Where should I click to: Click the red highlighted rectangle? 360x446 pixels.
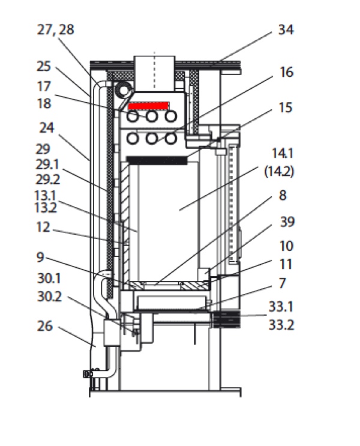pyautogui.click(x=148, y=106)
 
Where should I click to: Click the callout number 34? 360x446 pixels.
pyautogui.click(x=286, y=29)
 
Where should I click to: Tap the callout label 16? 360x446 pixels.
pyautogui.click(x=286, y=72)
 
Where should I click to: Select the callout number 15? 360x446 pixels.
pyautogui.click(x=286, y=107)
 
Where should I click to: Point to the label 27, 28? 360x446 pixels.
pyautogui.click(x=55, y=30)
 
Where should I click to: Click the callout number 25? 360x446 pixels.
pyautogui.click(x=44, y=66)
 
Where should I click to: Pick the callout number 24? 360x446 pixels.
pyautogui.click(x=46, y=128)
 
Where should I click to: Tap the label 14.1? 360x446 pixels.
pyautogui.click(x=283, y=153)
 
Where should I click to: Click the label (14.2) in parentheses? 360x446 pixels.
pyautogui.click(x=279, y=172)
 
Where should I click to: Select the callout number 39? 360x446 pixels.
pyautogui.click(x=287, y=222)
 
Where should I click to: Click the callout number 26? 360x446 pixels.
pyautogui.click(x=45, y=326)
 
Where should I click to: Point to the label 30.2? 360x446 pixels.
pyautogui.click(x=49, y=297)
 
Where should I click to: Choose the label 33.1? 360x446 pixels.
pyautogui.click(x=281, y=307)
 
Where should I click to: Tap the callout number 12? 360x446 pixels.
pyautogui.click(x=43, y=228)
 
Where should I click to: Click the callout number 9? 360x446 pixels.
pyautogui.click(x=41, y=257)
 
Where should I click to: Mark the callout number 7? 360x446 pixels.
pyautogui.click(x=282, y=283)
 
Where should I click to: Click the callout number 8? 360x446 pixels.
pyautogui.click(x=283, y=196)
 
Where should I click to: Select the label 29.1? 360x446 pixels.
pyautogui.click(x=47, y=164)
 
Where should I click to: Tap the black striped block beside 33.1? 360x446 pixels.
pyautogui.click(x=227, y=319)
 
